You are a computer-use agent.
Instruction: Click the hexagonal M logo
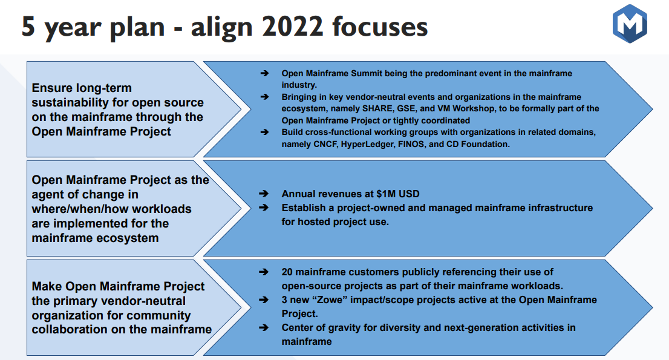630,24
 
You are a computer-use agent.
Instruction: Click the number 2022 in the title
293,27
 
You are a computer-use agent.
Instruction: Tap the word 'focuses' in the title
380,27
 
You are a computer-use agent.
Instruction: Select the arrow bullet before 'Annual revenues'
264,194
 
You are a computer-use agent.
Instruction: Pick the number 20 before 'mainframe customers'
287,272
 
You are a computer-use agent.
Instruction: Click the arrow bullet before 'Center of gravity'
264,327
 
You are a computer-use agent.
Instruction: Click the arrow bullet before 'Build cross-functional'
264,133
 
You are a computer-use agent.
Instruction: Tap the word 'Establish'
302,208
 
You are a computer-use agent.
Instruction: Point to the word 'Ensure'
51,88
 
